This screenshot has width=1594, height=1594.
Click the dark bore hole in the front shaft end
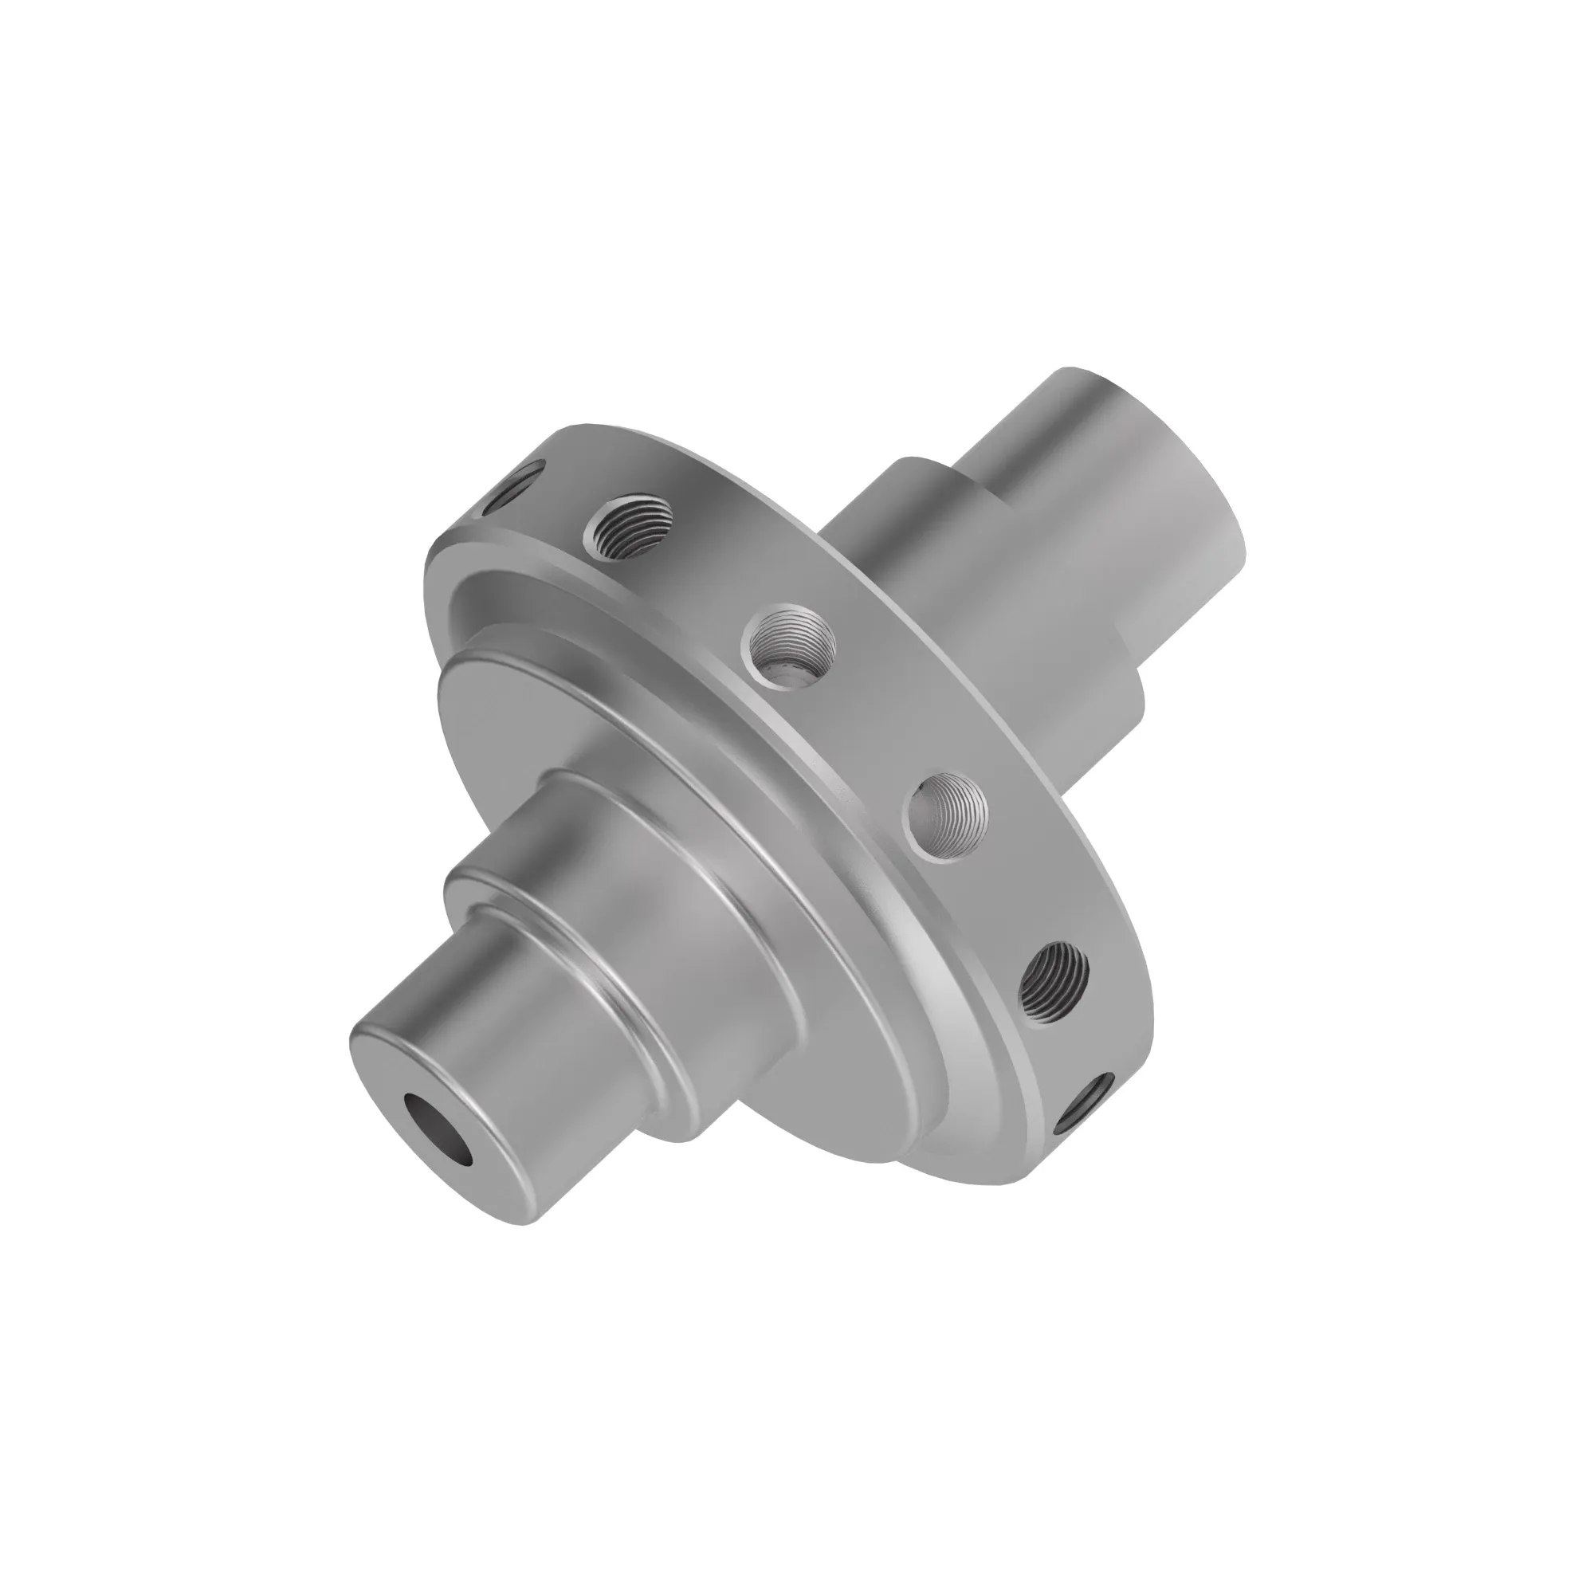[x=438, y=1130]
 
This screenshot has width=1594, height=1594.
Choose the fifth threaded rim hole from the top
[x=1055, y=982]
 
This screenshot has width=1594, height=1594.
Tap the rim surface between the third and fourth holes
[x=874, y=726]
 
